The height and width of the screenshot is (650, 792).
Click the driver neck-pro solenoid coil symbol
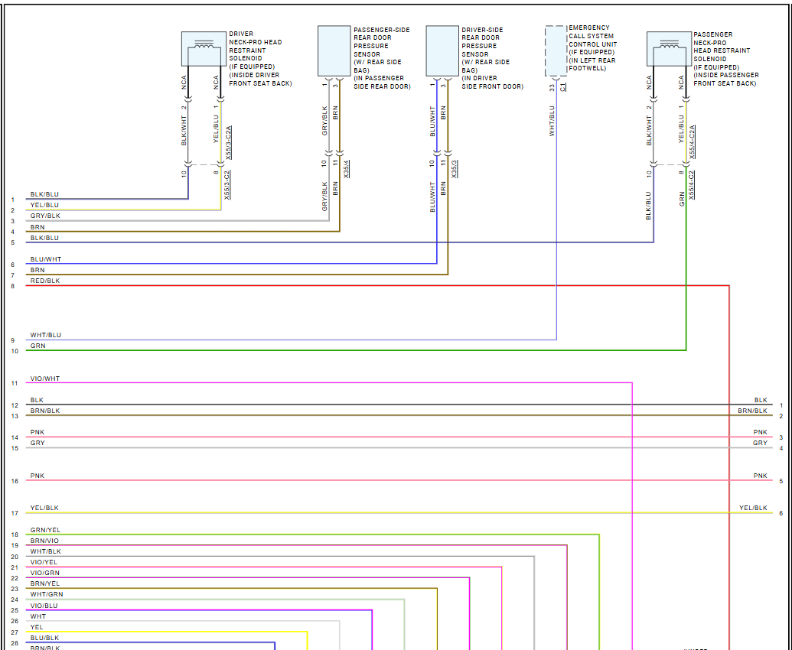[204, 49]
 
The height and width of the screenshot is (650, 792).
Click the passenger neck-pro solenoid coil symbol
[670, 49]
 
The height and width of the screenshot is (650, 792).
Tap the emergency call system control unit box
[556, 50]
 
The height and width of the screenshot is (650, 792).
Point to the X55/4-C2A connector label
[693, 141]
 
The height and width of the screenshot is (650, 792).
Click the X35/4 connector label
[347, 169]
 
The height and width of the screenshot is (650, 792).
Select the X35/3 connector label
[455, 169]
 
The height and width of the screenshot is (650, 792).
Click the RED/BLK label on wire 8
[44, 281]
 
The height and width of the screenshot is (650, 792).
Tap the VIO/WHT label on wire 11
[44, 379]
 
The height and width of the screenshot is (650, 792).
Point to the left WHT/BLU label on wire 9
[45, 335]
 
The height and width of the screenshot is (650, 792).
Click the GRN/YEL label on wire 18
[45, 530]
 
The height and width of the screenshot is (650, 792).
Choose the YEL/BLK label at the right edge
[753, 508]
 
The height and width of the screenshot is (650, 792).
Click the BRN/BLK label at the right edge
[752, 411]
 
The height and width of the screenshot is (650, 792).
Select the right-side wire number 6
[781, 513]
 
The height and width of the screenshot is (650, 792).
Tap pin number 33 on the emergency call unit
[552, 88]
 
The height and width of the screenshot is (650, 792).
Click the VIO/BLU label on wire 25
[44, 606]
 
